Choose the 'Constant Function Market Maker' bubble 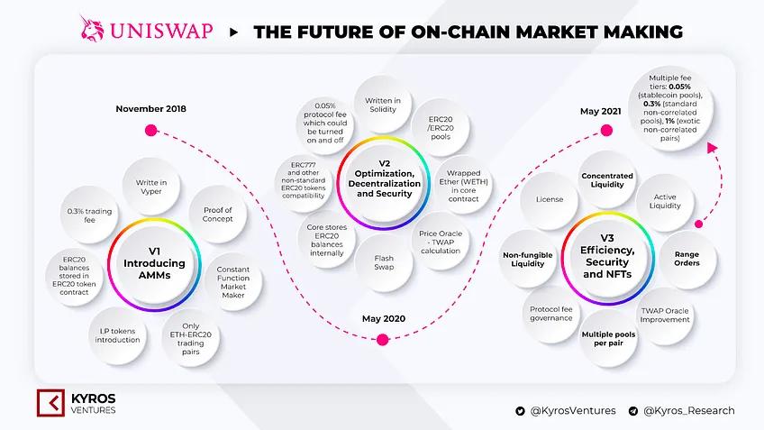tap(232, 273)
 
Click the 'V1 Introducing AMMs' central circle tap(153, 263)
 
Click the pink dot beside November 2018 tap(151, 130)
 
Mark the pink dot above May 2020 tap(382, 340)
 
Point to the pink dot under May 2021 tap(606, 131)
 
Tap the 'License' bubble tap(549, 198)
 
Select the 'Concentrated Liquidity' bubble tap(607, 180)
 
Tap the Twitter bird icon tap(520, 411)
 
